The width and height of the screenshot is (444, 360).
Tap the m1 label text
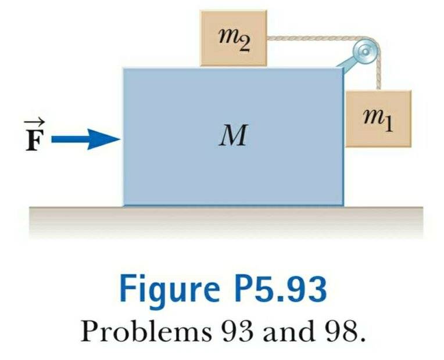pyautogui.click(x=378, y=120)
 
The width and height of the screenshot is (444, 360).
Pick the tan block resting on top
pyautogui.click(x=234, y=37)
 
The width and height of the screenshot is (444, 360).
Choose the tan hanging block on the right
pyautogui.click(x=378, y=119)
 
